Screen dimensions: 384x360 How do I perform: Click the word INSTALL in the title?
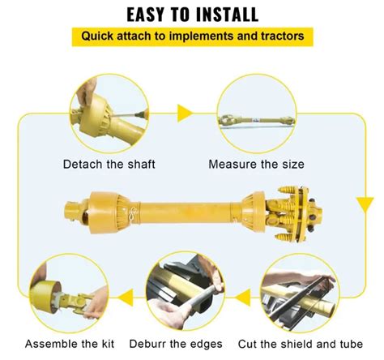[x=227, y=15]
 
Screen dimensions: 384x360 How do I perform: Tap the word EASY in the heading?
[x=146, y=15]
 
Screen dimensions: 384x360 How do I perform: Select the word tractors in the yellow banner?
[x=282, y=36]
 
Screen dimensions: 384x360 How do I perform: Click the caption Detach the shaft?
[x=109, y=165]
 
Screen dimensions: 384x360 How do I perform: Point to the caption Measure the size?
[x=256, y=165]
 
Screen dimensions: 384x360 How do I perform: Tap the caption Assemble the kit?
[x=70, y=344]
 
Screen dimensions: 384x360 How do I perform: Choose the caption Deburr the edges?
[x=176, y=344]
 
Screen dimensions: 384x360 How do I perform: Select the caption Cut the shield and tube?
[x=301, y=344]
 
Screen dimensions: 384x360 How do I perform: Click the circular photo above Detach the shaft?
[x=109, y=114]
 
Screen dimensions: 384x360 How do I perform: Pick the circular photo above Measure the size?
[x=257, y=114]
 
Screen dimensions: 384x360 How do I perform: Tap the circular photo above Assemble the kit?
[x=70, y=293]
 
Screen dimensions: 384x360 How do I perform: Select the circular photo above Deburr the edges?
[x=186, y=291]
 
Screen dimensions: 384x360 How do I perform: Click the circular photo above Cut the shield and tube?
[x=299, y=293]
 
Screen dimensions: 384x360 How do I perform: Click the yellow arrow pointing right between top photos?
[x=185, y=114]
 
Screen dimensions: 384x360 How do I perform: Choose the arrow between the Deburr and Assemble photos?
[x=126, y=298]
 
